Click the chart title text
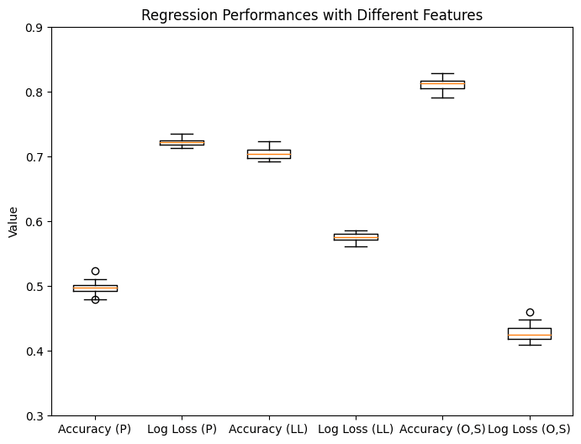pyautogui.click(x=312, y=15)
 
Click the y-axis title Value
pyautogui.click(x=13, y=222)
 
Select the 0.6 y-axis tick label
pyautogui.click(x=34, y=222)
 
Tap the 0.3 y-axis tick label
pyautogui.click(x=34, y=416)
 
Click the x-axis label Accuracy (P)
pyautogui.click(x=95, y=429)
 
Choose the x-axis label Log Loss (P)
pyautogui.click(x=182, y=429)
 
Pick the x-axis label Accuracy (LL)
pyautogui.click(x=268, y=429)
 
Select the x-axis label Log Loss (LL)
pyautogui.click(x=356, y=429)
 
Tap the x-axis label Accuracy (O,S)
pyautogui.click(x=442, y=429)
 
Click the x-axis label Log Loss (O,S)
pyautogui.click(x=529, y=429)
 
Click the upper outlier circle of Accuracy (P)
pyautogui.click(x=95, y=271)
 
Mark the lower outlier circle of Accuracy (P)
pyautogui.click(x=95, y=299)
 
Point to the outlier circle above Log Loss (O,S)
pyautogui.click(x=530, y=312)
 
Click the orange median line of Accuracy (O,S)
pyautogui.click(x=442, y=83)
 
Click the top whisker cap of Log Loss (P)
pyautogui.click(x=182, y=134)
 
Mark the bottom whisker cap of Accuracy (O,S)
pyautogui.click(x=442, y=98)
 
